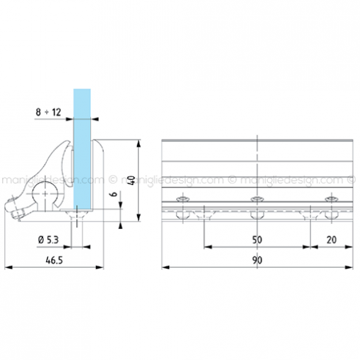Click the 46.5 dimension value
click(54, 260)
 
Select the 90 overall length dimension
click(257, 260)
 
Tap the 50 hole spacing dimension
click(257, 240)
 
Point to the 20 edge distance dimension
click(331, 240)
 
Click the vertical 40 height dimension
click(132, 180)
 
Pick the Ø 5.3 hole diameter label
click(48, 240)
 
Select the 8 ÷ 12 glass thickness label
click(48, 112)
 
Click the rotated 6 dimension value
click(114, 194)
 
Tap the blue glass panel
click(82, 149)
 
